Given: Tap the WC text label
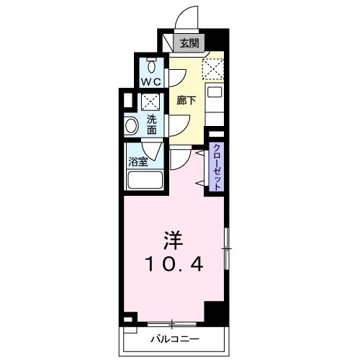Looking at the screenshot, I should pyautogui.click(x=150, y=81).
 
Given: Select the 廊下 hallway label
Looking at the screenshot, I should pyautogui.click(x=186, y=99).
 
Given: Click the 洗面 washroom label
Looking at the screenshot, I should pyautogui.click(x=153, y=125).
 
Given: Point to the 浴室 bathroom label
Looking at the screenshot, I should pyautogui.click(x=139, y=161).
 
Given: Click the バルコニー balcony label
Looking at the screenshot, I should pyautogui.click(x=175, y=338).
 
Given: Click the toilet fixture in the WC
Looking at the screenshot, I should pyautogui.click(x=150, y=64).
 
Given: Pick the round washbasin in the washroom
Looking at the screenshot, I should pyautogui.click(x=131, y=126).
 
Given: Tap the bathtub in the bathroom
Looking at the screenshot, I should pyautogui.click(x=145, y=180).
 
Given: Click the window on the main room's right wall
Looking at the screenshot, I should pyautogui.click(x=226, y=249).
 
